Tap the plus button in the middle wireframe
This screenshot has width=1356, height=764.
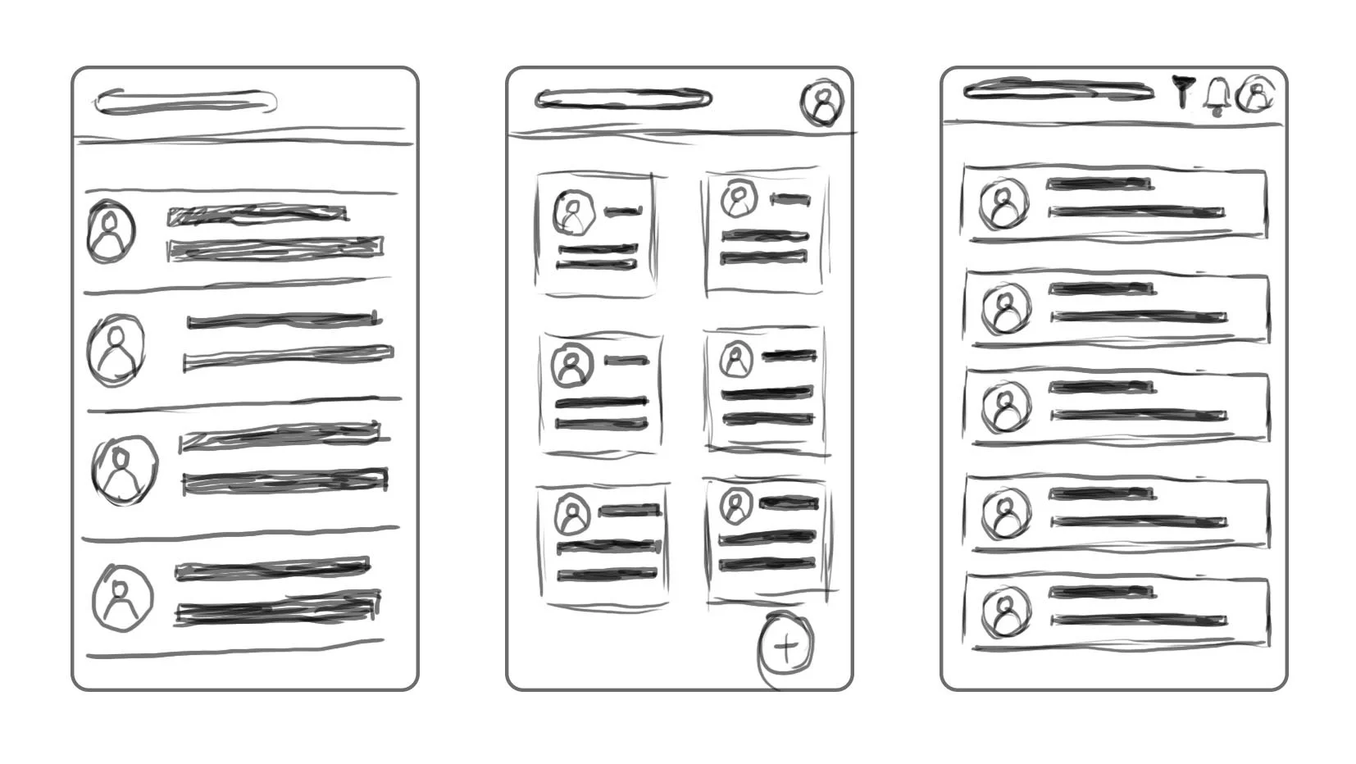pos(785,647)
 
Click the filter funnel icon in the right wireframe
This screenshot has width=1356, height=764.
pos(1181,91)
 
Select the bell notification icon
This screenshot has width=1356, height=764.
pos(1217,96)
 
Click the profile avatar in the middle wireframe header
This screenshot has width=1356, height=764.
pos(822,103)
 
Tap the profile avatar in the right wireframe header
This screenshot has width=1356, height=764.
pos(1256,95)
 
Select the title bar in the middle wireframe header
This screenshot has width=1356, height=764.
pos(623,100)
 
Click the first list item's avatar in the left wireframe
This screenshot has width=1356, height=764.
pos(111,231)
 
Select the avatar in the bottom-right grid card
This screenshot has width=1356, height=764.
pos(735,505)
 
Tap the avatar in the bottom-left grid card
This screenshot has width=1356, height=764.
pos(572,516)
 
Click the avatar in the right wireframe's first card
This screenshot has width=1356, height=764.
pos(1003,203)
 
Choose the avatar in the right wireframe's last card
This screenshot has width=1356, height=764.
pos(1003,614)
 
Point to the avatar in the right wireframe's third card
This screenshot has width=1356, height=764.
pos(1005,407)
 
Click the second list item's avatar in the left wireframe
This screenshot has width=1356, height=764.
pos(116,349)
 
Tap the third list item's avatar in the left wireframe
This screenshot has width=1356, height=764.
pos(124,470)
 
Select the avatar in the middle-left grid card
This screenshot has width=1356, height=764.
pos(571,366)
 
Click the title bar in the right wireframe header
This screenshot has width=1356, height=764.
pos(1058,90)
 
